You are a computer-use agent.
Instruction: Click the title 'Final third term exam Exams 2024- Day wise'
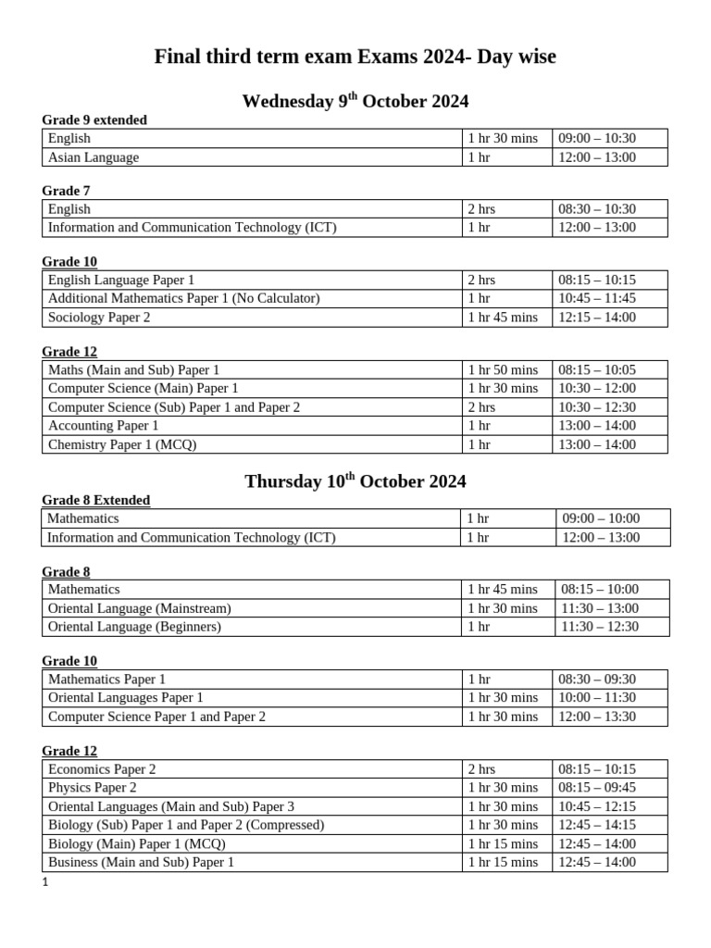pyautogui.click(x=355, y=57)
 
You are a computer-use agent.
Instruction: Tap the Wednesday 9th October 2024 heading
pyautogui.click(x=355, y=101)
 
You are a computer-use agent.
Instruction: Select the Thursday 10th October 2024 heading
pyautogui.click(x=355, y=481)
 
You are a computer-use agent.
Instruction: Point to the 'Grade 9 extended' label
pyautogui.click(x=94, y=120)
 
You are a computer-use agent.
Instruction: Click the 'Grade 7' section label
pyautogui.click(x=66, y=191)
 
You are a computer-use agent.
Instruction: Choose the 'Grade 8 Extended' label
pyautogui.click(x=96, y=501)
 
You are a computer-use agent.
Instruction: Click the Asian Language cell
pyautogui.click(x=94, y=157)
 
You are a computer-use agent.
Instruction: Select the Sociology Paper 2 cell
pyautogui.click(x=99, y=318)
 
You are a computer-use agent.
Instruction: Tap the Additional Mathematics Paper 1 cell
pyautogui.click(x=183, y=298)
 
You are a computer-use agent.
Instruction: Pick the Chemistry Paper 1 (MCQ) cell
pyautogui.click(x=122, y=444)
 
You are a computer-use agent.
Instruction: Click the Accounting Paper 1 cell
pyautogui.click(x=104, y=426)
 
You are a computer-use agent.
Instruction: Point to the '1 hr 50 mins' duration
pyautogui.click(x=503, y=370)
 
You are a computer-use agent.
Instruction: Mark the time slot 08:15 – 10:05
pyautogui.click(x=597, y=370)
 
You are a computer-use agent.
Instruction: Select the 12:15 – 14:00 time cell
pyautogui.click(x=597, y=318)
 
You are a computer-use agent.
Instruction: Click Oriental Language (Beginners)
pyautogui.click(x=134, y=627)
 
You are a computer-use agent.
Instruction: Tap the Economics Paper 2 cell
pyautogui.click(x=102, y=769)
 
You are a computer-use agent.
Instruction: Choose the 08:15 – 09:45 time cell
pyautogui.click(x=597, y=788)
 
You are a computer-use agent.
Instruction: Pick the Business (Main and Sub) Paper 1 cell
pyautogui.click(x=141, y=863)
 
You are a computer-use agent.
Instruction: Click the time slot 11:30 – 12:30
pyautogui.click(x=600, y=627)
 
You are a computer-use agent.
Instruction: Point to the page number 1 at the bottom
pyautogui.click(x=44, y=883)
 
